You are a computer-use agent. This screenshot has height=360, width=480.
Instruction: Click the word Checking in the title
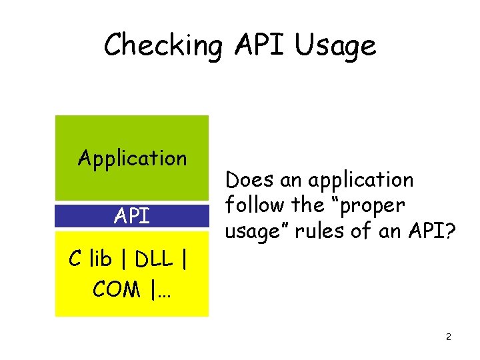click(162, 45)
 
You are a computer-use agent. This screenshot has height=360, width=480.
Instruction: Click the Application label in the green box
click(132, 159)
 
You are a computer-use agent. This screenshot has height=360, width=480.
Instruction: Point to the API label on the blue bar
click(131, 216)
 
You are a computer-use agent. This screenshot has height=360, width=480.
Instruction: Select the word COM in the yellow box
click(116, 289)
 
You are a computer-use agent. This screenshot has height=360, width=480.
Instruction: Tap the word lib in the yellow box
click(101, 260)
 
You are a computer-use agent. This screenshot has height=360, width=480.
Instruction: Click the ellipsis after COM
click(163, 291)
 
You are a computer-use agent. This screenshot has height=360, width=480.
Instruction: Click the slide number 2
click(449, 337)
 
